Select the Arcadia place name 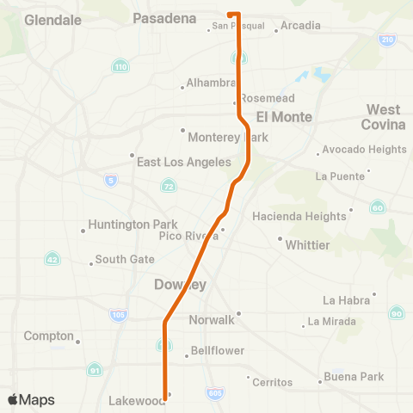300,26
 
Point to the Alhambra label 212,82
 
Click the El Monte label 283,115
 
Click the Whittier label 307,244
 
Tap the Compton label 49,336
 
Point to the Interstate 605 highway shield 215,393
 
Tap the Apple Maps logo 32,400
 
